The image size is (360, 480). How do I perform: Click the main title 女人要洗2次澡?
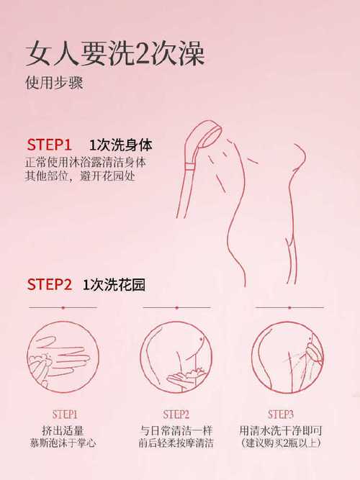[115, 53]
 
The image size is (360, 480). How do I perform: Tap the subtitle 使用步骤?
[54, 83]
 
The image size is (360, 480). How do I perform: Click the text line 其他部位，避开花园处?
[80, 176]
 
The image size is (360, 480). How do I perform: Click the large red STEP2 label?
[49, 284]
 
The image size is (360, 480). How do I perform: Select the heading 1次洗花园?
[114, 284]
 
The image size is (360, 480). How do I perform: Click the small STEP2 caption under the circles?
[176, 415]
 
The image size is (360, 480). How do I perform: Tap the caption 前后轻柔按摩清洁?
[176, 443]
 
